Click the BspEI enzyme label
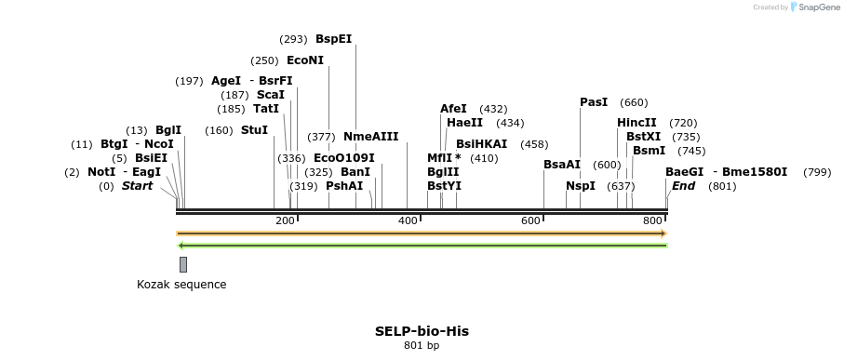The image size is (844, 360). [334, 39]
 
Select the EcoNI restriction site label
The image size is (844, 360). [305, 60]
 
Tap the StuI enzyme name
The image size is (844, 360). [254, 130]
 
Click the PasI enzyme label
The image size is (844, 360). [594, 102]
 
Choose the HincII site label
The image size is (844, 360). [636, 123]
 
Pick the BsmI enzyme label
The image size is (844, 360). [650, 151]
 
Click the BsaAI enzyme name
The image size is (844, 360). [562, 165]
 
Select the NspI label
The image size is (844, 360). [581, 186]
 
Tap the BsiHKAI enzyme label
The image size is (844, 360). [482, 144]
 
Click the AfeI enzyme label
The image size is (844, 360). [453, 109]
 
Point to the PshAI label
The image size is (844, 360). [344, 186]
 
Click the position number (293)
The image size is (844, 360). [293, 39]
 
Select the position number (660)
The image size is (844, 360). [634, 102]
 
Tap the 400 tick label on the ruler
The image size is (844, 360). [408, 220]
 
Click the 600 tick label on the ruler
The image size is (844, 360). [530, 220]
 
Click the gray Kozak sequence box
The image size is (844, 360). [183, 264]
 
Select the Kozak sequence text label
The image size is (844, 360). [181, 285]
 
